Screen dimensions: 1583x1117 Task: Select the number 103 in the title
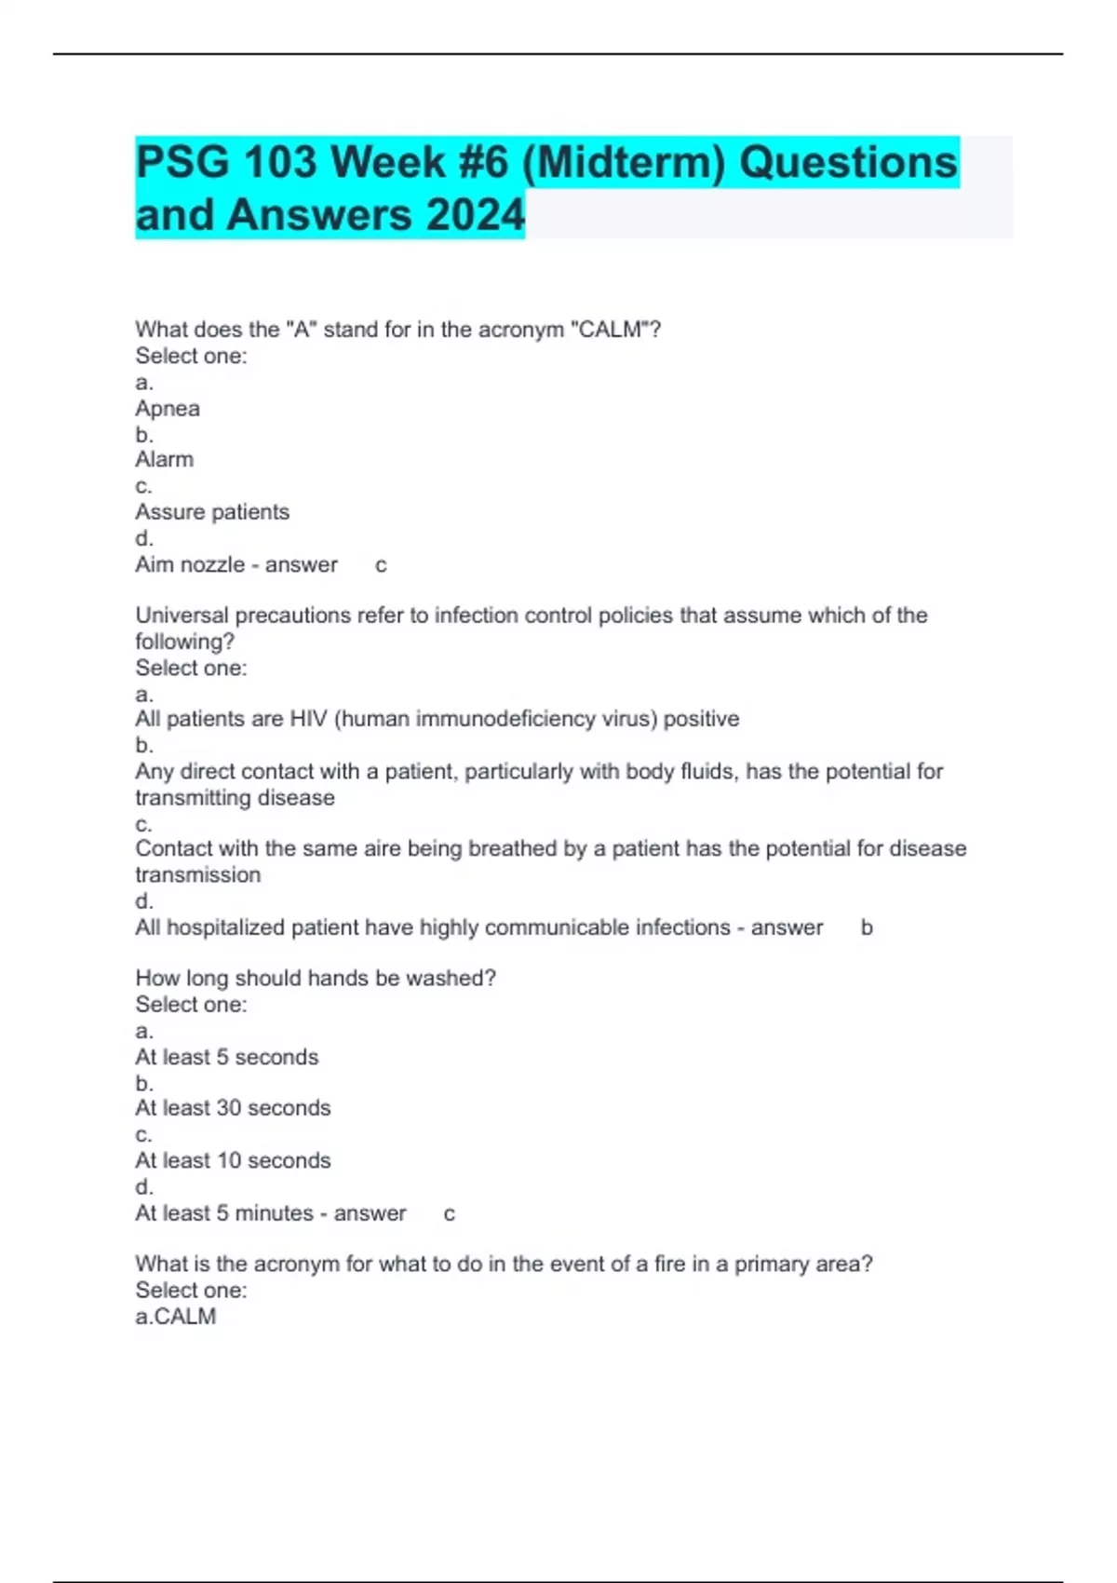pos(279,162)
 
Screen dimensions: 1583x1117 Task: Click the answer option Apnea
pos(168,409)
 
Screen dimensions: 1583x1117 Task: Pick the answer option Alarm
pos(165,460)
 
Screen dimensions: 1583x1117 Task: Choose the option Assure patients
pos(212,512)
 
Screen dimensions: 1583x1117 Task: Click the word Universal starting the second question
pos(182,616)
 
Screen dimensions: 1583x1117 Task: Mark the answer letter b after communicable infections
pos(867,927)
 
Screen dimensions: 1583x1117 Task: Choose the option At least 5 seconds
pos(227,1057)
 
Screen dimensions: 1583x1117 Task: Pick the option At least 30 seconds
pos(233,1108)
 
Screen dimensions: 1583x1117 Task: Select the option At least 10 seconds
pos(233,1161)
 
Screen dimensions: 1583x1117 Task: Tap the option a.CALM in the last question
pos(176,1317)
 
